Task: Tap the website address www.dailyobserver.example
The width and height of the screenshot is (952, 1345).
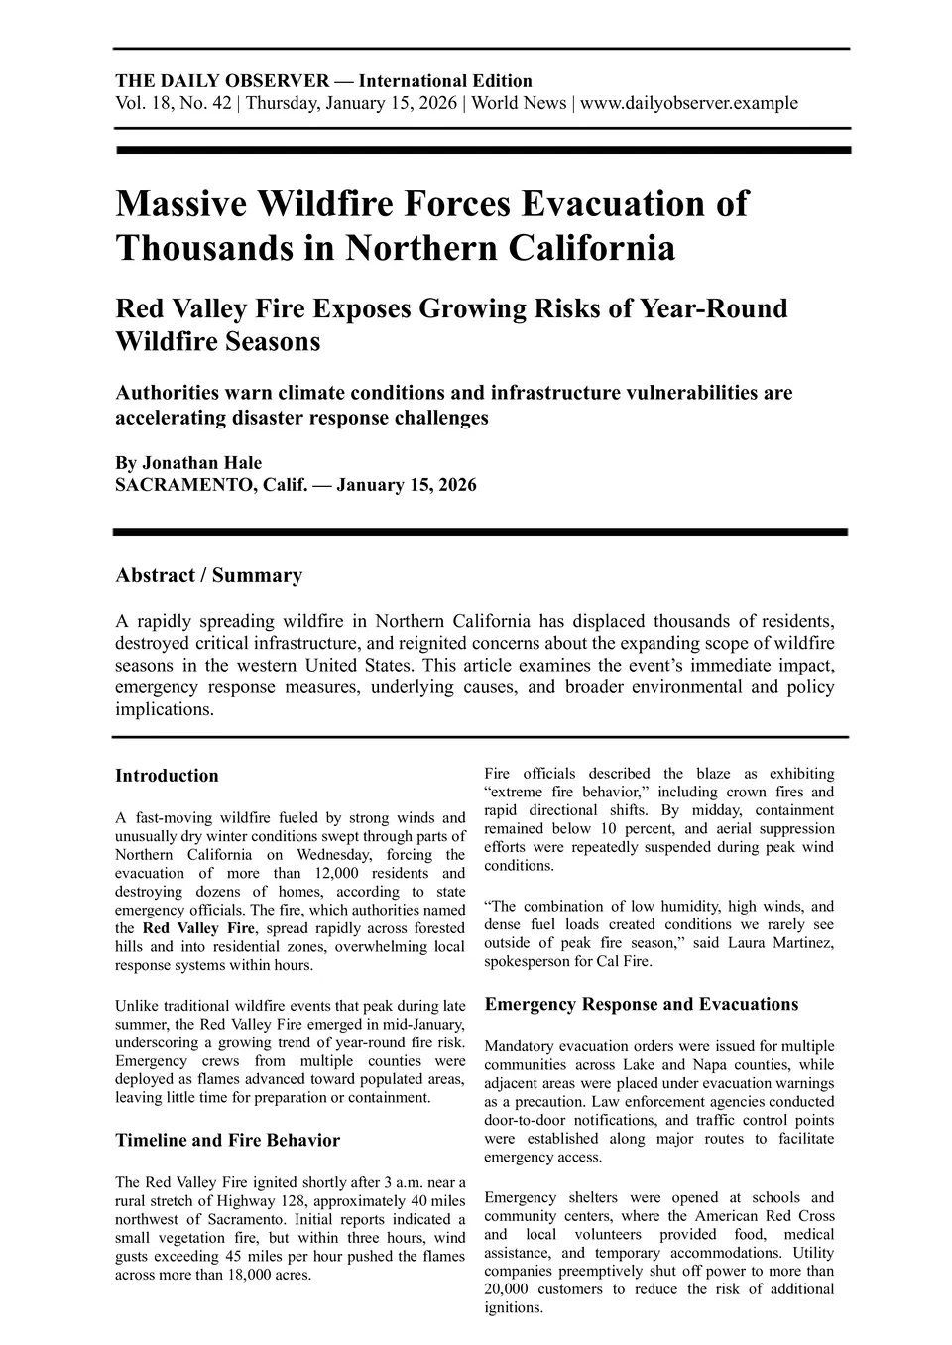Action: pyautogui.click(x=688, y=103)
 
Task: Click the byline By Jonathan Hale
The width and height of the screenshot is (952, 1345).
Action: pyautogui.click(x=188, y=463)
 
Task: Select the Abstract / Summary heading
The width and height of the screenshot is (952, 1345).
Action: pyautogui.click(x=208, y=575)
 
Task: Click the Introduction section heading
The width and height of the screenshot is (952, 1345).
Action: pyautogui.click(x=167, y=776)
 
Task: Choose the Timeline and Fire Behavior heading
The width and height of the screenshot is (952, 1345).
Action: pyautogui.click(x=227, y=1140)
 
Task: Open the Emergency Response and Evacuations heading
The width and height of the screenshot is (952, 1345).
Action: pyautogui.click(x=641, y=1004)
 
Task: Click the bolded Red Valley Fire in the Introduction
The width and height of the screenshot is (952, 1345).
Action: pyautogui.click(x=198, y=928)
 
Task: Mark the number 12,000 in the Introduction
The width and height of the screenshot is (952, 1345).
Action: pyautogui.click(x=358, y=873)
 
